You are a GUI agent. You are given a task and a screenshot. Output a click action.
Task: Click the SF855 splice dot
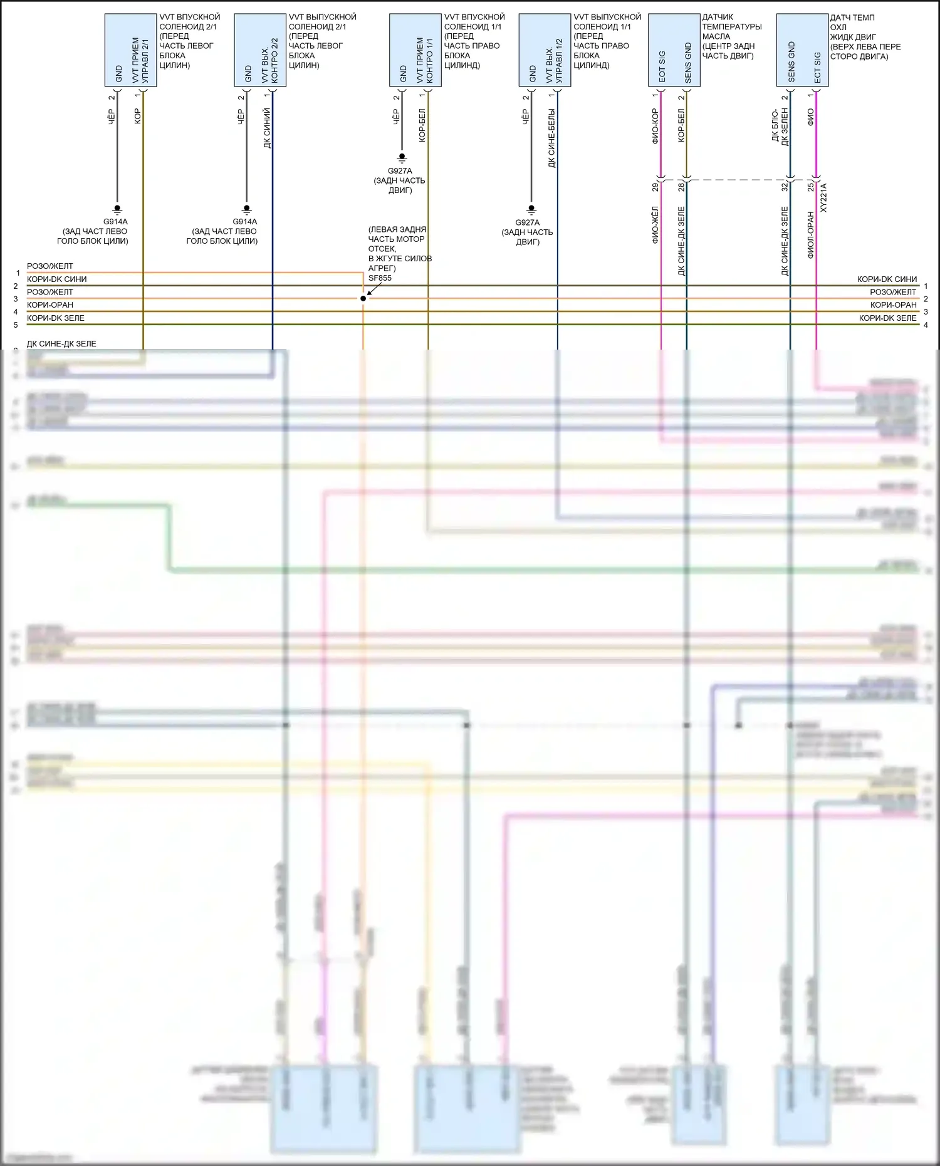363,298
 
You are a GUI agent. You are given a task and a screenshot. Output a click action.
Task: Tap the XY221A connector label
823,197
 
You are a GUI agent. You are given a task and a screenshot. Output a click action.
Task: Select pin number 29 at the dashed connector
655,187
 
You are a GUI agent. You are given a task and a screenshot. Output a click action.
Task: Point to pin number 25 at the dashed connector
810,187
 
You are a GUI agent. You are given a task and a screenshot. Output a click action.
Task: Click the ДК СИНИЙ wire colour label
268,128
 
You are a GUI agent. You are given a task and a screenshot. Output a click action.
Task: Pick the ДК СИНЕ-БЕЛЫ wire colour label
551,138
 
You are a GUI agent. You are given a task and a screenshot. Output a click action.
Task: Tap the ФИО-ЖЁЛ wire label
655,225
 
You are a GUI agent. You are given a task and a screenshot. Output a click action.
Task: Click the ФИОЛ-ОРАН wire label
810,235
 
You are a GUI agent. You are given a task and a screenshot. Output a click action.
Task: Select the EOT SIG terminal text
662,66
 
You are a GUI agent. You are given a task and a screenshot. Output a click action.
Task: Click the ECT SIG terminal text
817,67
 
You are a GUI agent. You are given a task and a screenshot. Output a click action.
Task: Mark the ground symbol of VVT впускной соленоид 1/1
402,158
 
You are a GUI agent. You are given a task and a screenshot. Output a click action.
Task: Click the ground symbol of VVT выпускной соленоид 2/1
246,209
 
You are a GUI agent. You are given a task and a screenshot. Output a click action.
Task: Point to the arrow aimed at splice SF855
373,289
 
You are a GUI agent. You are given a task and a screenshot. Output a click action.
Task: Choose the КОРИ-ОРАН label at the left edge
50,305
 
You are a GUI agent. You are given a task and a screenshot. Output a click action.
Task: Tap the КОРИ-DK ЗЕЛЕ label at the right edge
887,318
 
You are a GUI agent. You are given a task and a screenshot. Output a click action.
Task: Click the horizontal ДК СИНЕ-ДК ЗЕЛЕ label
61,344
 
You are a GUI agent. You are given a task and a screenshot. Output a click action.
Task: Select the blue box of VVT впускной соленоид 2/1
130,50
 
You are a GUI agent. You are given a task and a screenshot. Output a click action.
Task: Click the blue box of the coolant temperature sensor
802,50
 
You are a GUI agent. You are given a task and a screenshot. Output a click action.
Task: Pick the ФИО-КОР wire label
655,126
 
